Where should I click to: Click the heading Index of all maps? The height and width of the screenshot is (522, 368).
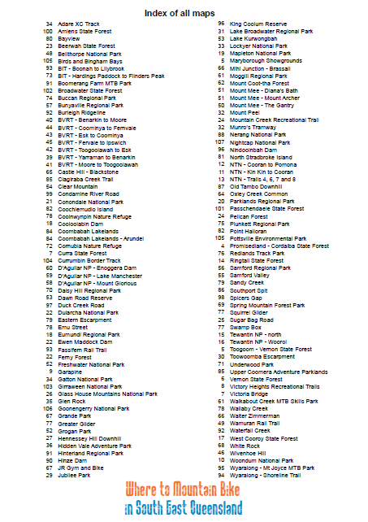(184, 13)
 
